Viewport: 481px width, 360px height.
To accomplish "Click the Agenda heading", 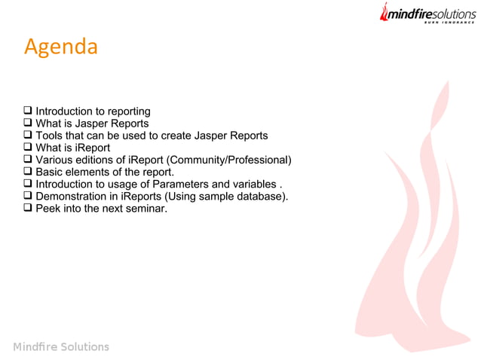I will pos(61,47).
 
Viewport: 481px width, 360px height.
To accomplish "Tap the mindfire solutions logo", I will pos(427,14).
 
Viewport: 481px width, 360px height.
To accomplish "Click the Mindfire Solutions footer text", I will pos(61,346).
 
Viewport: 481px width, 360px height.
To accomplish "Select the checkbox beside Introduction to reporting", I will pos(29,111).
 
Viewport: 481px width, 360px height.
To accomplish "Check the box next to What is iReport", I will pos(29,148).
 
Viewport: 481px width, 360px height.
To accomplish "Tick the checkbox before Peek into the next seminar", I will pos(29,208).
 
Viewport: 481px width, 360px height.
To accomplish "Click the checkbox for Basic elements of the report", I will pos(29,172).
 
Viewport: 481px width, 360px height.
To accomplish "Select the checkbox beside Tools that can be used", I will pos(29,136).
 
